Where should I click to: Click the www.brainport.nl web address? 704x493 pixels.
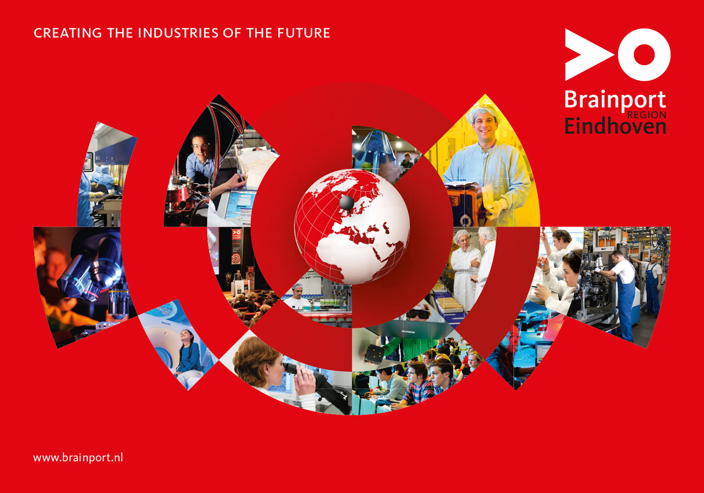(x=78, y=457)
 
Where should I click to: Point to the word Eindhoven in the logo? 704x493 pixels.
(x=615, y=126)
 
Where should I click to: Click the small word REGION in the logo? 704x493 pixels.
(x=646, y=115)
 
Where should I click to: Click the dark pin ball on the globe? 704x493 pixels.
(x=347, y=203)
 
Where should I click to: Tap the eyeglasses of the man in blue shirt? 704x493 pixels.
(x=200, y=146)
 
